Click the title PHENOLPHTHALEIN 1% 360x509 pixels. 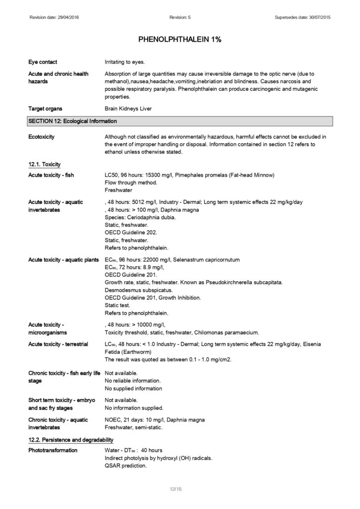click(180, 39)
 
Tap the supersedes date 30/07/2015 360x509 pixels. click(317, 17)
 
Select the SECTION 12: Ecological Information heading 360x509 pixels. click(73, 121)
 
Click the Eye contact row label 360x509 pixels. click(43, 62)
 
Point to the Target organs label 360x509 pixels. click(45, 108)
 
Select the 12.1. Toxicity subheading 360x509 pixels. click(44, 164)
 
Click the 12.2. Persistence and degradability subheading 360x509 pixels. click(71, 439)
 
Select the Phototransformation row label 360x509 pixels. click(53, 450)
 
